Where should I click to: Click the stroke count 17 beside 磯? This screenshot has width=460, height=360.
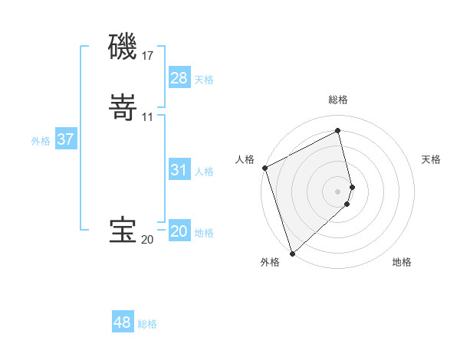(148, 56)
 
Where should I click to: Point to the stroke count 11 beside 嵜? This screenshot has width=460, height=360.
(148, 117)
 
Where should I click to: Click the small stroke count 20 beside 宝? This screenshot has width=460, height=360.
(147, 240)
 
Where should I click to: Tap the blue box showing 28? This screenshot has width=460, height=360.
(179, 78)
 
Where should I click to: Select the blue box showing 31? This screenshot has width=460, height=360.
(179, 170)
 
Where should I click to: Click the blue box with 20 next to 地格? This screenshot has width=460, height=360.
(179, 231)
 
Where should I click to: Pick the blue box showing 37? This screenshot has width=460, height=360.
(66, 139)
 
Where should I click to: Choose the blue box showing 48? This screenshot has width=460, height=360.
(123, 322)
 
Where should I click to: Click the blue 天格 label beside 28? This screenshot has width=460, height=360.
(204, 79)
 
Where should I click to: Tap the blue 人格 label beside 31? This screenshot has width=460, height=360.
(204, 172)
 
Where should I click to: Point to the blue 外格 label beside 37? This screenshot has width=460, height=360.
(41, 141)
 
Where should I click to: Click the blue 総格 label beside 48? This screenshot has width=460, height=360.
(147, 324)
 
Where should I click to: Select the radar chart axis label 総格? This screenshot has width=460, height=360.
(338, 100)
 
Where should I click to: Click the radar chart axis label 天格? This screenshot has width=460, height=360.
(432, 159)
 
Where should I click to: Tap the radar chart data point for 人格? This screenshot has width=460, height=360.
(264, 168)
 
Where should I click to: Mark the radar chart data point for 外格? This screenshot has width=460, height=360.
(292, 253)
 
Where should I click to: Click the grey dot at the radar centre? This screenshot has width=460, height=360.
(338, 191)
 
